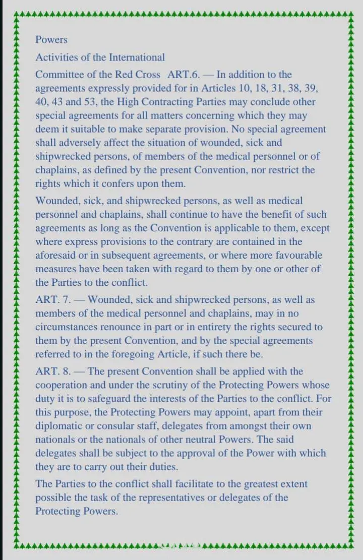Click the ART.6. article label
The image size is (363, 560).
[184, 75]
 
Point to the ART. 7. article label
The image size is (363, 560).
[52, 300]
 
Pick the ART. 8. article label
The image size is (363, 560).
[52, 371]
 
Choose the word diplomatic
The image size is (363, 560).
[58, 426]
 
